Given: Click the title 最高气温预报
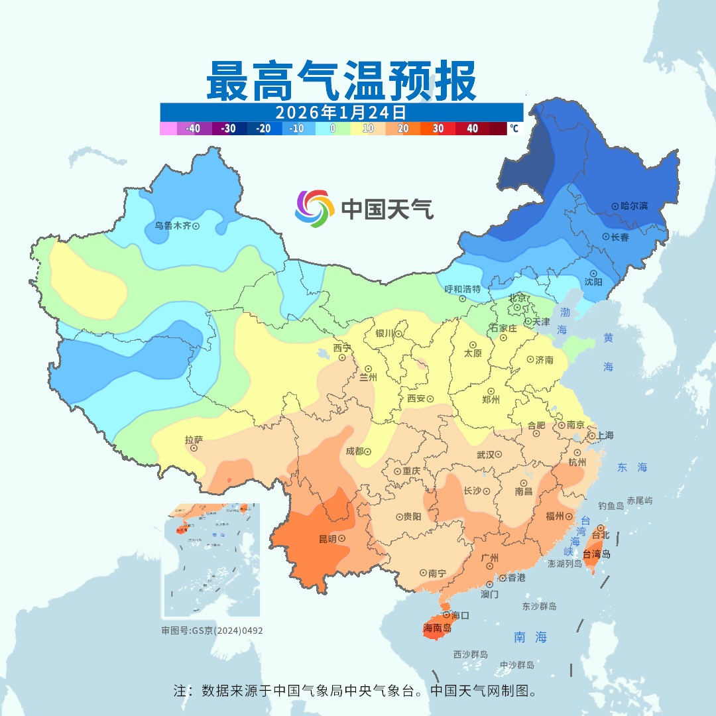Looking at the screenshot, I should [341, 80].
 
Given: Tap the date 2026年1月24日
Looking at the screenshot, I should [341, 111].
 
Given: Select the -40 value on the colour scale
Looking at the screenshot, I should [194, 129].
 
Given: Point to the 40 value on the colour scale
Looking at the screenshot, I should [473, 129].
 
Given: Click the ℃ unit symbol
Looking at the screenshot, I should [514, 129].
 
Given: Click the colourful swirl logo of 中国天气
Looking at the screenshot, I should [314, 208].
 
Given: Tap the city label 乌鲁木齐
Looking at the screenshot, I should [172, 226].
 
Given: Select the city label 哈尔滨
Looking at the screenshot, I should [634, 206].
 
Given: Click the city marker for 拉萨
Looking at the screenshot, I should [194, 448].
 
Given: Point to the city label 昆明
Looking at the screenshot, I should [328, 538].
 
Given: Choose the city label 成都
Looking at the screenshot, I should [354, 451].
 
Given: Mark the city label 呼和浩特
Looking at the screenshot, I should [462, 289].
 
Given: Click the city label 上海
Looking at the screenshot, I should [605, 436].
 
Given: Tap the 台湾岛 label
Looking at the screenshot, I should [596, 554].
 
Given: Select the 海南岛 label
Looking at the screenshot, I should [437, 627].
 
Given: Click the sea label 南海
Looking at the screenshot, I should [530, 638].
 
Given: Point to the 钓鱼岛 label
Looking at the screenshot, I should [611, 506].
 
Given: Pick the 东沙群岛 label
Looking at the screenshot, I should [539, 607].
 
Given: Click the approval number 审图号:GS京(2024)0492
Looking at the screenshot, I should [212, 630].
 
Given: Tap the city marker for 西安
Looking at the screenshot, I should [430, 399].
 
